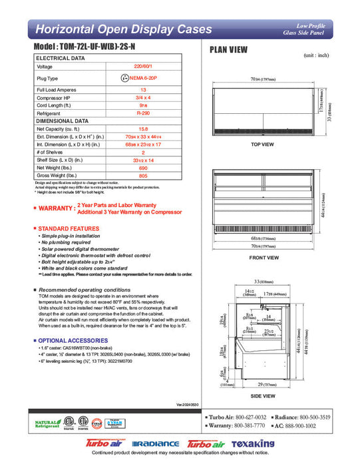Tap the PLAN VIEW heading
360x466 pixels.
230,49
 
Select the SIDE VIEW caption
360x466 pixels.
264,396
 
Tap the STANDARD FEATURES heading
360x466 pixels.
67,228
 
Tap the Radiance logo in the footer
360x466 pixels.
156,444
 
